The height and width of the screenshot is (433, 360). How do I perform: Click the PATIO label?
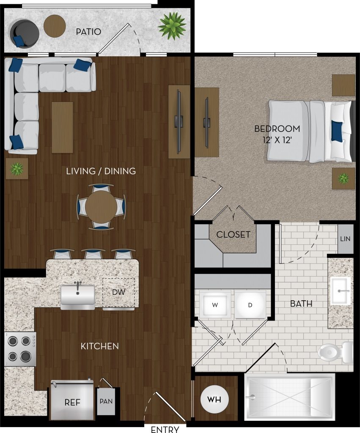tap(88, 31)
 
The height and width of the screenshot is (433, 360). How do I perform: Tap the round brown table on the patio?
tap(55, 26)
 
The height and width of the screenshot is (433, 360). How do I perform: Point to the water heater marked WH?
tap(214, 399)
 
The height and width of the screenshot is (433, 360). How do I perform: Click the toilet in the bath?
tap(335, 352)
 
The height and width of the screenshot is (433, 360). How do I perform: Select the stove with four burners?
tap(20, 349)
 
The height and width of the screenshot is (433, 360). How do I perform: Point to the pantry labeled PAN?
tap(106, 402)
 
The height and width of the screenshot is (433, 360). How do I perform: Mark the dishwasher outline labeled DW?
tap(118, 293)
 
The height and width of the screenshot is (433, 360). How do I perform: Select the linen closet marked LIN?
tap(345, 239)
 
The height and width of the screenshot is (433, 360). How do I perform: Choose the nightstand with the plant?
tap(344, 178)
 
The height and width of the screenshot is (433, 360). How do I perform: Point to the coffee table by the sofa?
tap(63, 127)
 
